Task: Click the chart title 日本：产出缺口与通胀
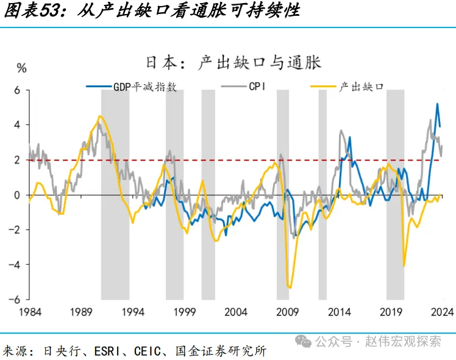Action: click(233, 62)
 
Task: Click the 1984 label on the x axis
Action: click(29, 312)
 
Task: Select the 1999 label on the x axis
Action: click(183, 312)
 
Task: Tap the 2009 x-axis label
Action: click(287, 312)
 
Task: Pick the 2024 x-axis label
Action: click(440, 312)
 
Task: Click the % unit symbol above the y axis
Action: click(22, 68)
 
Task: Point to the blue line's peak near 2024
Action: click(437, 104)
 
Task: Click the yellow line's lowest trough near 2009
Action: click(290, 287)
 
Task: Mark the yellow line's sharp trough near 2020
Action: click(404, 265)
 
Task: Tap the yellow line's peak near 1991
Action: click(100, 116)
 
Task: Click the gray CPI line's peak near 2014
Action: click(341, 131)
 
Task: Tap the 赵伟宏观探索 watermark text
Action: click(402, 341)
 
